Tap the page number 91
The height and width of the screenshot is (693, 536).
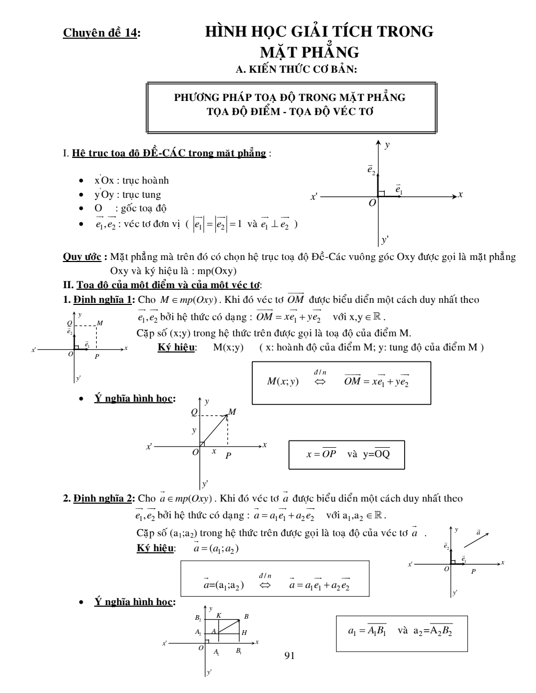[x=289, y=655]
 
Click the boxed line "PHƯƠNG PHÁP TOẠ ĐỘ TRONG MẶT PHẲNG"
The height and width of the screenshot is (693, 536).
[x=289, y=97]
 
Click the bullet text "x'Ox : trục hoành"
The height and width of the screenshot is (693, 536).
[x=131, y=180]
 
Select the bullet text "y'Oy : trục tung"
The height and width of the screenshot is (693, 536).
[x=127, y=195]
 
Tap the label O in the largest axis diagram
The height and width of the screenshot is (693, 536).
[x=372, y=203]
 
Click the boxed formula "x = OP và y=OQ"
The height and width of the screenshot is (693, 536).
[x=348, y=455]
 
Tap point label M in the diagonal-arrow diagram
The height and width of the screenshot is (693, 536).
[x=233, y=412]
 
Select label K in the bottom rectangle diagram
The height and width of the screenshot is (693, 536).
[x=218, y=616]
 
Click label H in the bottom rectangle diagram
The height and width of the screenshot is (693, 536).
[x=244, y=633]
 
